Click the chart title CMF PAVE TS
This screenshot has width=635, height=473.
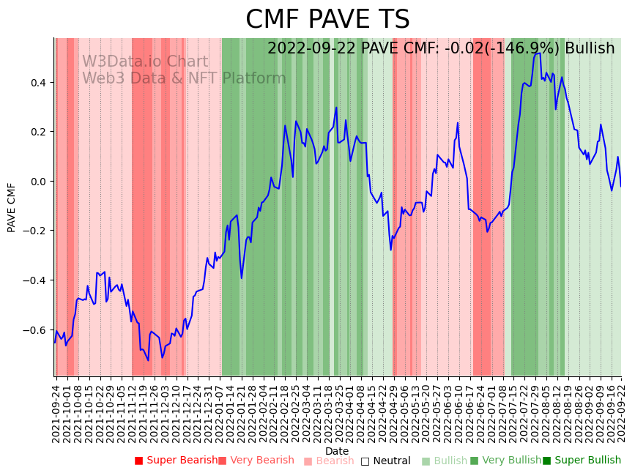(327, 20)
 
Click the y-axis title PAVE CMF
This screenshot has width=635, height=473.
(12, 207)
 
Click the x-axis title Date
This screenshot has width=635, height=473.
(337, 451)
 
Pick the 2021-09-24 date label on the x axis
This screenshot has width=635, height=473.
(56, 414)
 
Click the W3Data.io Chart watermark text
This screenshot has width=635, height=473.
(145, 62)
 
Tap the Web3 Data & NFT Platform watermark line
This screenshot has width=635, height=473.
(184, 78)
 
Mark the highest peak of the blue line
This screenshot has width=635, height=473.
(538, 53)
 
